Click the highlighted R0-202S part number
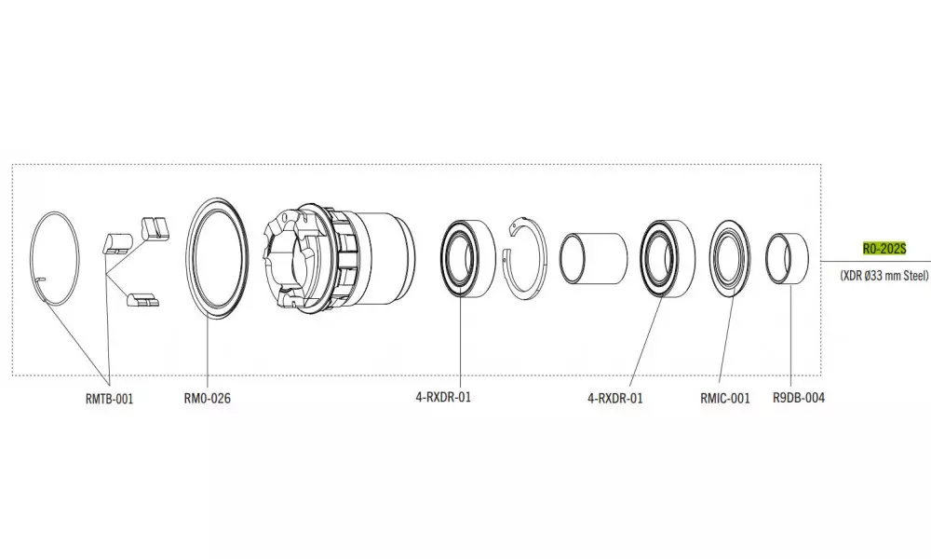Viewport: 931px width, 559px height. click(x=884, y=249)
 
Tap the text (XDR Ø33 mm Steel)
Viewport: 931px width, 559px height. click(x=884, y=276)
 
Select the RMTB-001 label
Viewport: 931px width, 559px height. click(x=109, y=399)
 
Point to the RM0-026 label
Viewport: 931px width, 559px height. click(x=208, y=398)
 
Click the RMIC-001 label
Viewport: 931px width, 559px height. click(x=725, y=398)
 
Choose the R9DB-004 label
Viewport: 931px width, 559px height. click(x=799, y=398)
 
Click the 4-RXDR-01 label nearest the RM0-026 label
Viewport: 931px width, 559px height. click(x=443, y=397)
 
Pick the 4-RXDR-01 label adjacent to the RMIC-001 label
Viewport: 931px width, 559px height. click(x=615, y=398)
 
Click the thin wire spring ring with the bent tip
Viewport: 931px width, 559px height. click(x=55, y=258)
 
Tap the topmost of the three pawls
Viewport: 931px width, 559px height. click(x=155, y=227)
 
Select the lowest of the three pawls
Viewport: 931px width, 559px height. click(x=143, y=299)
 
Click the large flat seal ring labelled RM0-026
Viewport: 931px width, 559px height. click(x=217, y=259)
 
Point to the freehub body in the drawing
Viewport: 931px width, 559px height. click(x=340, y=259)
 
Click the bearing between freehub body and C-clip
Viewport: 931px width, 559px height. click(x=468, y=259)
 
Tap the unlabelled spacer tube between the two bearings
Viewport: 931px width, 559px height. click(x=593, y=258)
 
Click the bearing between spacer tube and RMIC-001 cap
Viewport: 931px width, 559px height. click(x=668, y=259)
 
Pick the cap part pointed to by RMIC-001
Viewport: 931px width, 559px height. click(x=730, y=258)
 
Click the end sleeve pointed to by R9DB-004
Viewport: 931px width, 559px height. click(x=788, y=259)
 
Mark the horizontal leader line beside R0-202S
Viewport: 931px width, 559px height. click(x=876, y=261)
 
